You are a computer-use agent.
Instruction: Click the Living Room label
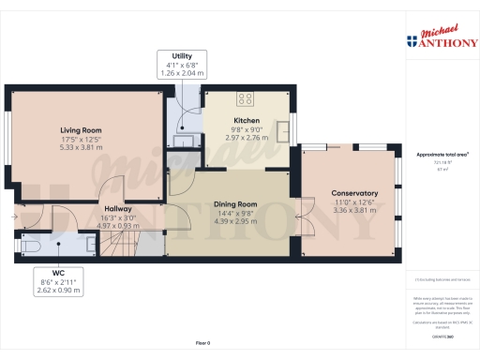81,130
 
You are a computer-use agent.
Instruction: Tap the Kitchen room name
247,121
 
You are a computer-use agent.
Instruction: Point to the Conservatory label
354,194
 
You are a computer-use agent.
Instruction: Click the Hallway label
117,209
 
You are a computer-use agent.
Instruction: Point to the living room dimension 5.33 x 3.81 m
81,147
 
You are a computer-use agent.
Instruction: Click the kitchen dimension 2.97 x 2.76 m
247,137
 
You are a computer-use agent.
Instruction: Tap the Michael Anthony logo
442,37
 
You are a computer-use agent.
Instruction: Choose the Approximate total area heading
442,154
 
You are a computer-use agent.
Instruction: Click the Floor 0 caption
202,344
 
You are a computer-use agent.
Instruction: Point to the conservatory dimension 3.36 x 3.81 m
354,211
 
